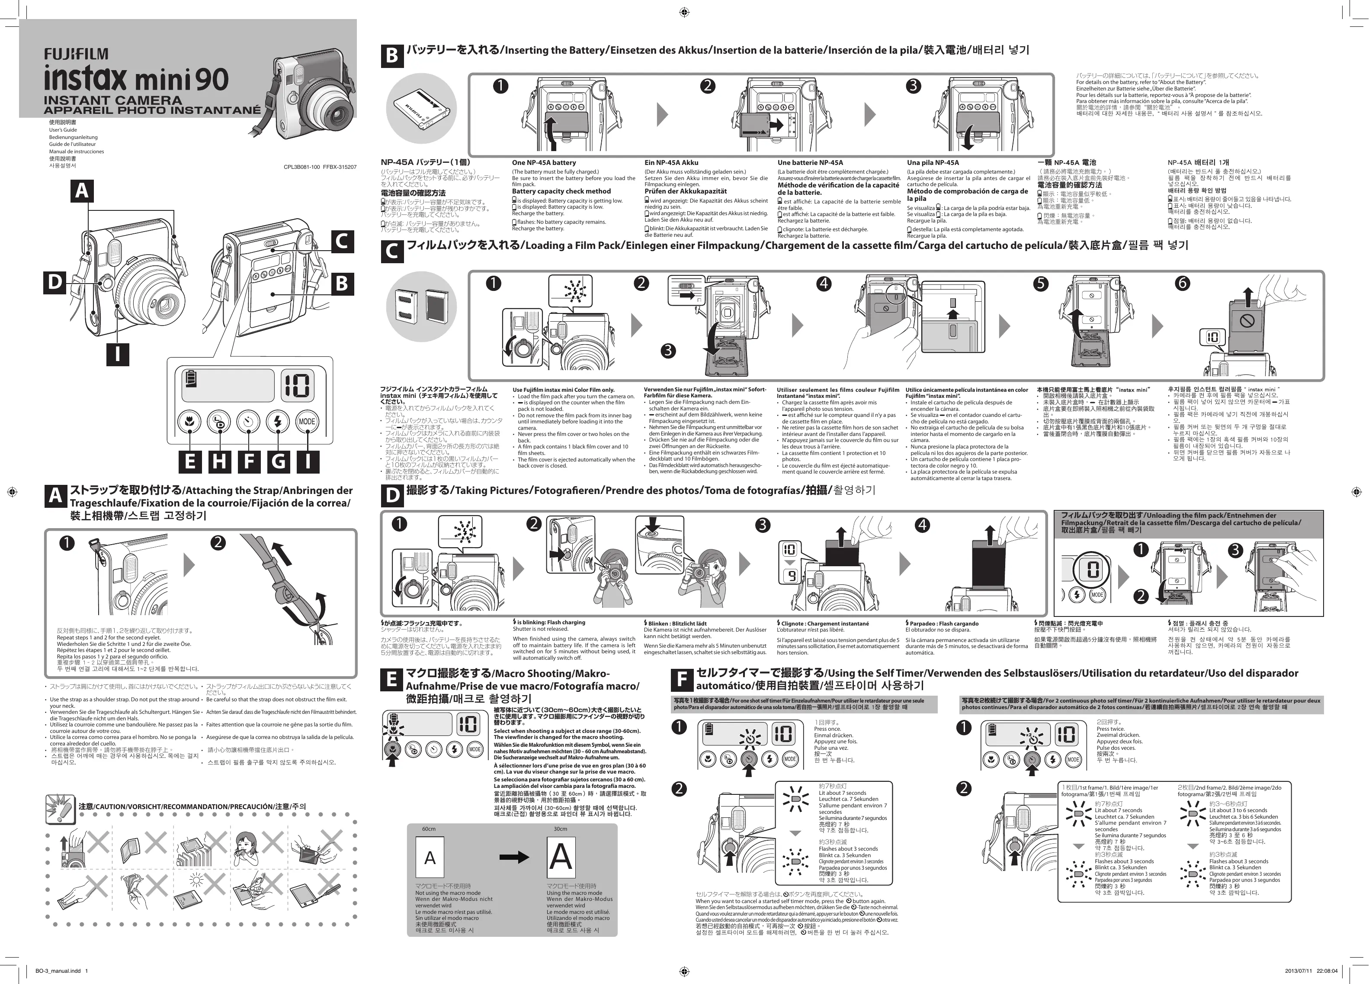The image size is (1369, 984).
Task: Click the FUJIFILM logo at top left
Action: [x=76, y=55]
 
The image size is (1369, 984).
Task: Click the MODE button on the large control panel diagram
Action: [x=307, y=421]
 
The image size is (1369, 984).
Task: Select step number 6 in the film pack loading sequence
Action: [x=1181, y=283]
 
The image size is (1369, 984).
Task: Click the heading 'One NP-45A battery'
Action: [x=544, y=162]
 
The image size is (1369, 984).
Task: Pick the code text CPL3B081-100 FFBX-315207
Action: [x=320, y=167]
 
